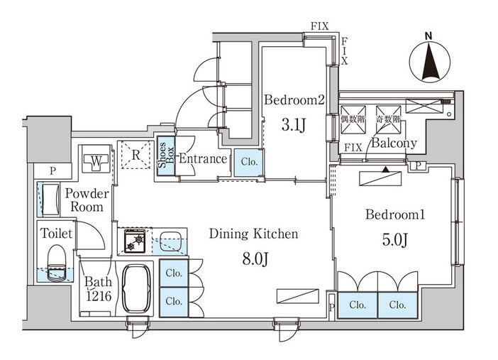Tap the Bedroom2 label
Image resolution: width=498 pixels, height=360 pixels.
(x=294, y=100)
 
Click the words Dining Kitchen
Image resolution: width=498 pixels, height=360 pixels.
(x=253, y=233)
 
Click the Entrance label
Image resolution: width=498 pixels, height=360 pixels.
(x=202, y=159)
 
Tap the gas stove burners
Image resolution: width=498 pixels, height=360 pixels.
(x=135, y=241)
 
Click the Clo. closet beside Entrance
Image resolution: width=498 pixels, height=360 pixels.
(x=248, y=161)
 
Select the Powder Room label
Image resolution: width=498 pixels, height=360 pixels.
(x=87, y=200)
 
